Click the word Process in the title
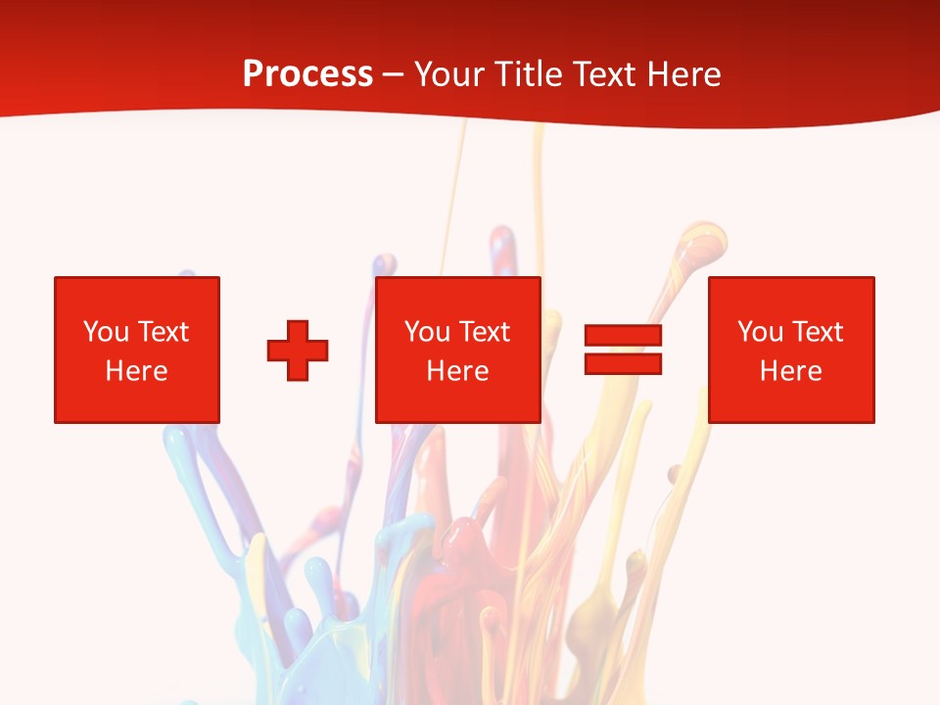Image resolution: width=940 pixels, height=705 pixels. pos(307,74)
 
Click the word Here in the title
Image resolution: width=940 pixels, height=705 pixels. pos(687,74)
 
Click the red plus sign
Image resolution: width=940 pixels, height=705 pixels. pos(298,351)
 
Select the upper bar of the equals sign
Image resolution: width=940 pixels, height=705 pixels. pos(623,336)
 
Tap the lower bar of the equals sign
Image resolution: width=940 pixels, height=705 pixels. pos(623,363)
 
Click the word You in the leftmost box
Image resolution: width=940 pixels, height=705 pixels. pos(106,332)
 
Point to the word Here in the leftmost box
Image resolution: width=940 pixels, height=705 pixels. pos(136,371)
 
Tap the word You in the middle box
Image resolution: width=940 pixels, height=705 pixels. pos(427,332)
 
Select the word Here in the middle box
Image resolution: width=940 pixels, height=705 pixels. pos(457,371)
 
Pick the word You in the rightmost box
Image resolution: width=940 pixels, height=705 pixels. pos(760,332)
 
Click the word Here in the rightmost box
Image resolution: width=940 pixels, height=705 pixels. pos(790,371)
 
